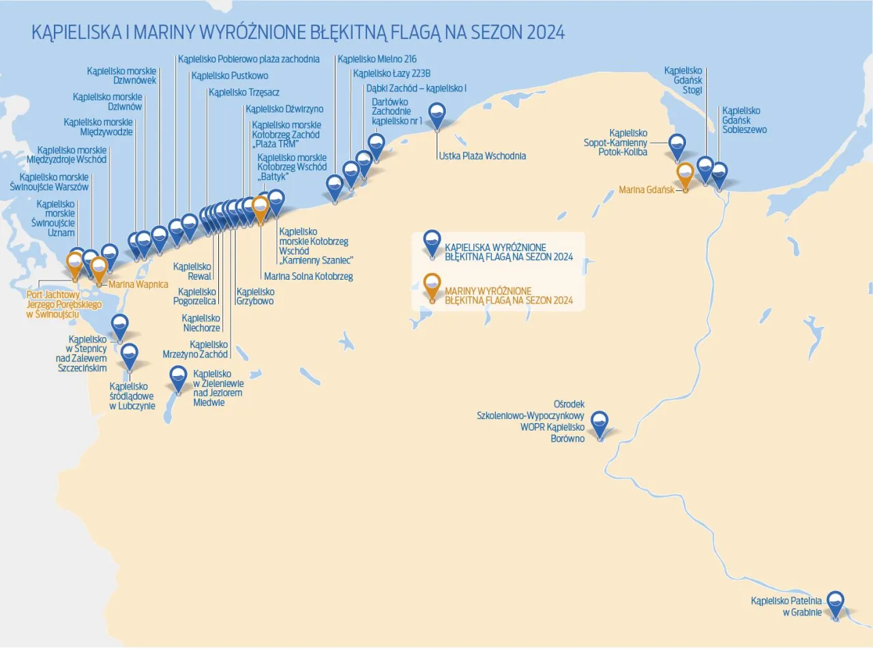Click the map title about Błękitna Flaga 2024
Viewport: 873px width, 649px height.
298,33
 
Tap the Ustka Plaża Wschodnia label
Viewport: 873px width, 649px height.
482,156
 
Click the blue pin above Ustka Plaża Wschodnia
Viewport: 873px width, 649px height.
436,115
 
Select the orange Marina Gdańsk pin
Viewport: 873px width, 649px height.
685,174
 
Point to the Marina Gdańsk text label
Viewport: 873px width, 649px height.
645,190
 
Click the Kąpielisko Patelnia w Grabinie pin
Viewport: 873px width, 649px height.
835,603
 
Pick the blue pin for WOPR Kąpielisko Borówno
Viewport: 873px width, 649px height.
600,423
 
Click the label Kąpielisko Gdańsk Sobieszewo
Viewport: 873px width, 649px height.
744,120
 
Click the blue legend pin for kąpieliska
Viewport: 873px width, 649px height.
432,242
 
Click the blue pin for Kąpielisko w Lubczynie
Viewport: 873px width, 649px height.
129,356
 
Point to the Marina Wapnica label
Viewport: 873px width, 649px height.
138,284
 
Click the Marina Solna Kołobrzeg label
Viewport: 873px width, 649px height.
308,276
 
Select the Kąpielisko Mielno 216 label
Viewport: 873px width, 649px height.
377,59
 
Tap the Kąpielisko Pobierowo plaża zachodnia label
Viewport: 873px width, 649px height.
249,59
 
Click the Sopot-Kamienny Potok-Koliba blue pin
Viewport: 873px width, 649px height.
677,146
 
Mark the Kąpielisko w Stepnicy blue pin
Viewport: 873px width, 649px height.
120,326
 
